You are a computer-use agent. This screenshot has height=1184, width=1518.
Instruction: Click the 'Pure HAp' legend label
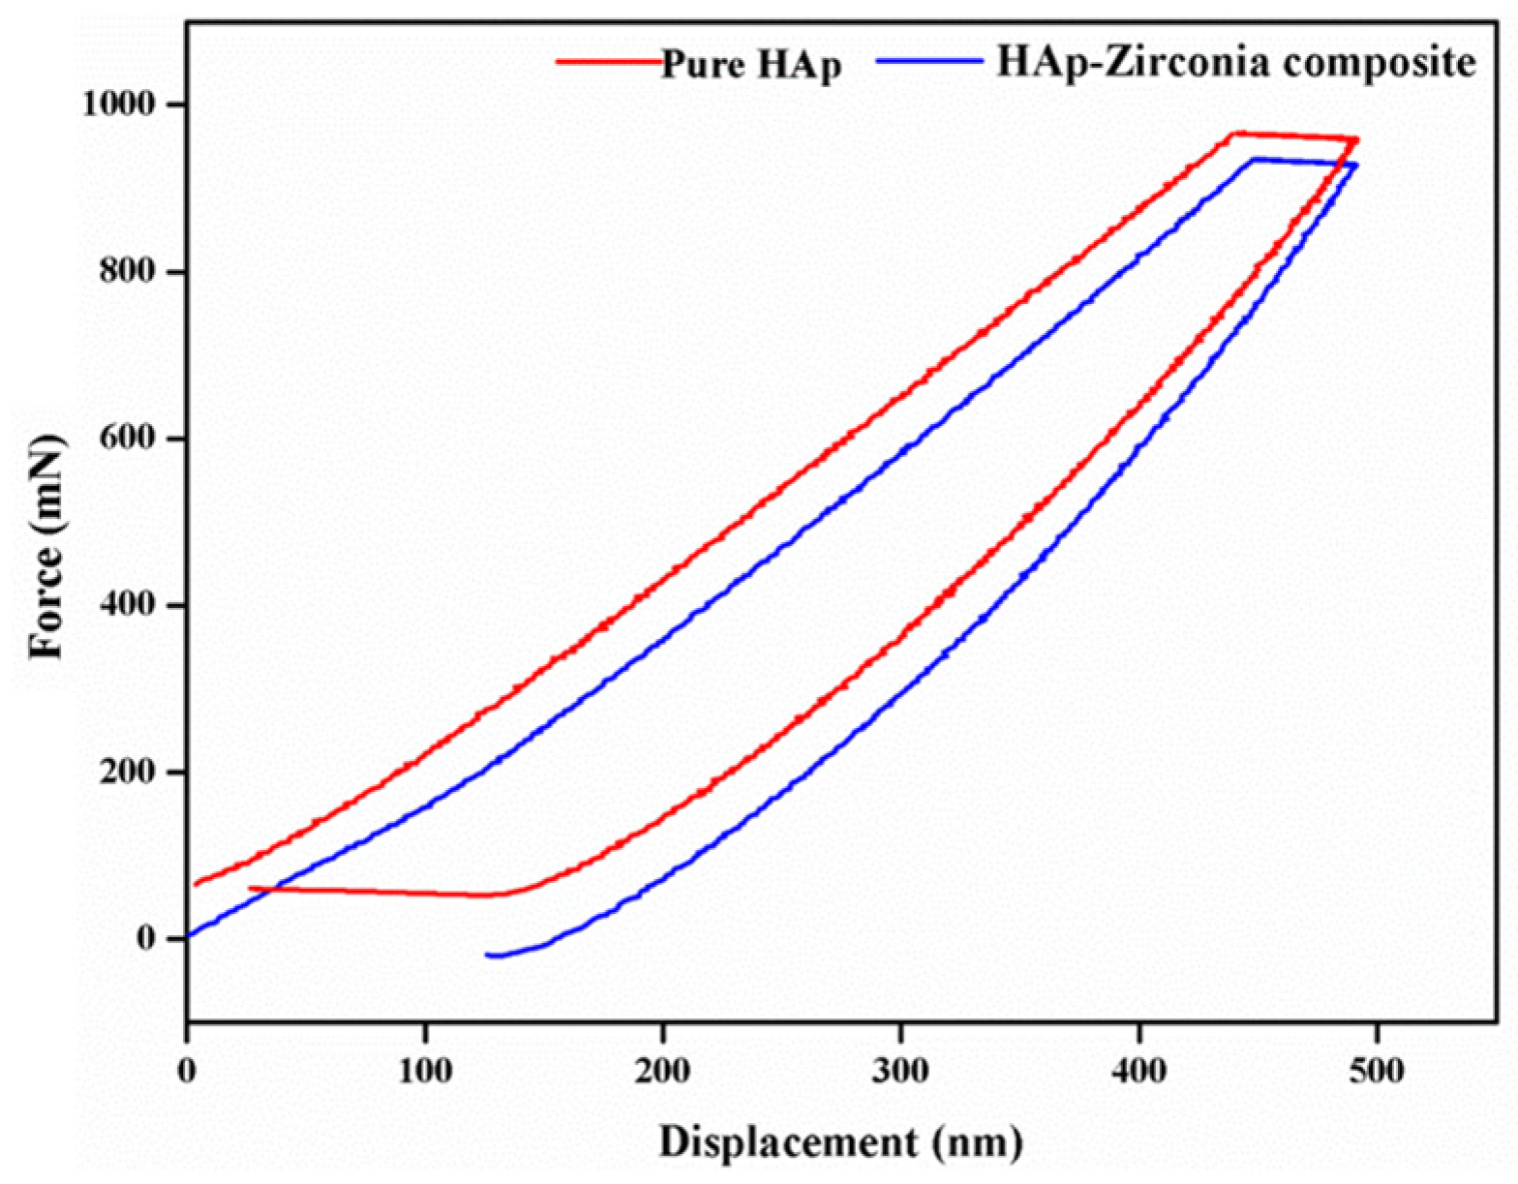pos(750,66)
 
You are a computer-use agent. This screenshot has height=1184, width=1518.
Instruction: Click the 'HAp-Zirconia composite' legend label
pos(1235,62)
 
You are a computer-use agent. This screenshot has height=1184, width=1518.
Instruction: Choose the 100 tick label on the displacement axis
pos(424,1071)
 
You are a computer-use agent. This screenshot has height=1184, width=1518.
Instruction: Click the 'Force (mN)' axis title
pos(46,547)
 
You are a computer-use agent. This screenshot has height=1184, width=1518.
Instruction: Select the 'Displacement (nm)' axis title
pos(840,1142)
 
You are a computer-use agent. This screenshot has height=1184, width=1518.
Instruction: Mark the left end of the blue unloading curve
pos(487,955)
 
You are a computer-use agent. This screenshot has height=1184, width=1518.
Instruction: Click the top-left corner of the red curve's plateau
pos(1231,134)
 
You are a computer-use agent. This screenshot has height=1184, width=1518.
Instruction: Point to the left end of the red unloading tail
pos(250,888)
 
